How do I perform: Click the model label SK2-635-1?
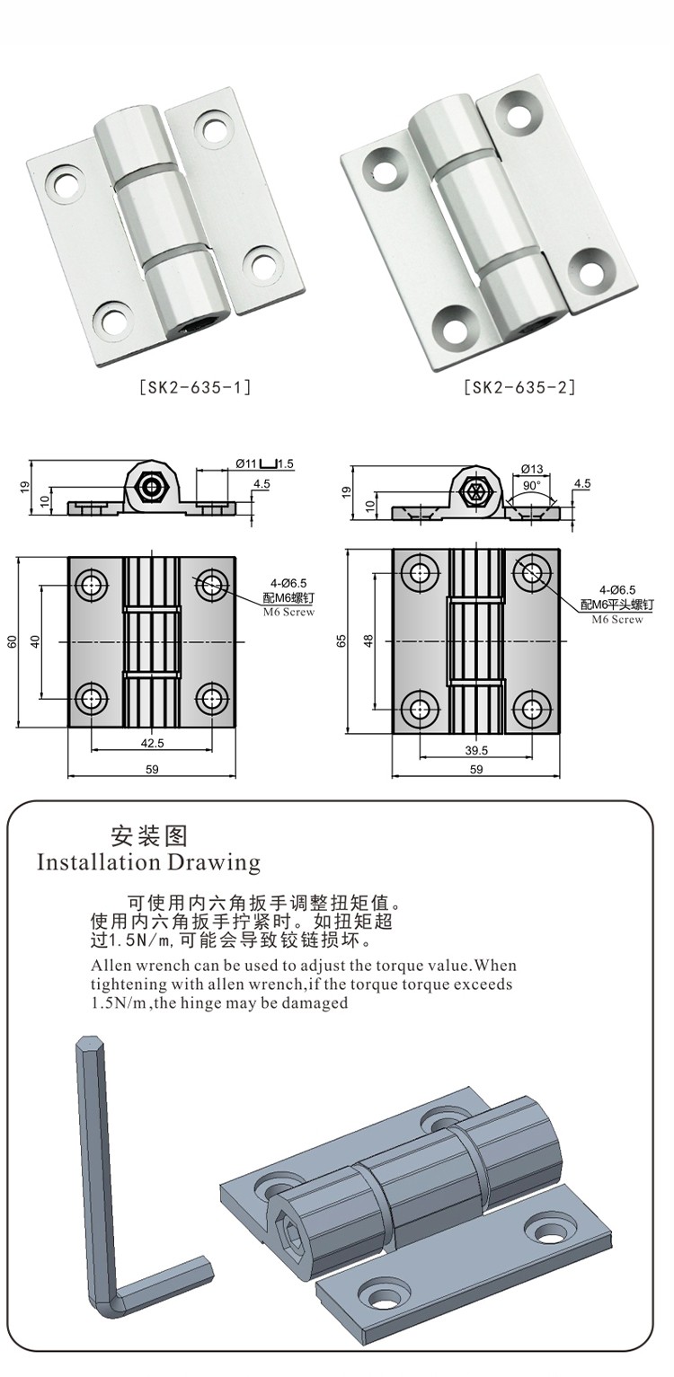[x=195, y=388]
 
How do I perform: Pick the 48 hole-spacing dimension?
[x=368, y=641]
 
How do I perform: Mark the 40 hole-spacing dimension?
[x=36, y=641]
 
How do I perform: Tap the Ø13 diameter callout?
[x=532, y=469]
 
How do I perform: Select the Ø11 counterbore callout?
[x=247, y=463]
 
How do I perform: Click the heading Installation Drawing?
[x=148, y=863]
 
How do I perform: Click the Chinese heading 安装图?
[x=149, y=836]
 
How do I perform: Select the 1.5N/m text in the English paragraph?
[x=121, y=1003]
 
